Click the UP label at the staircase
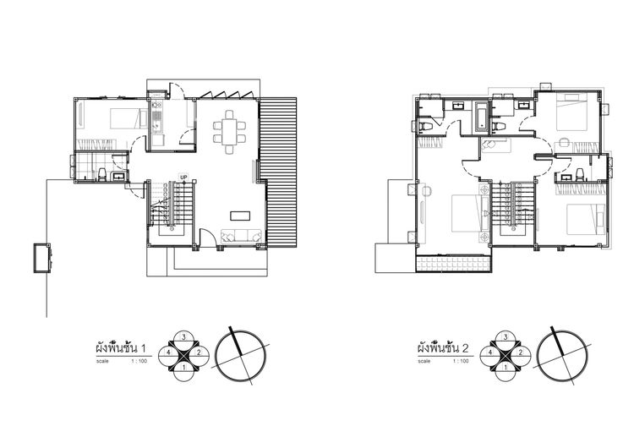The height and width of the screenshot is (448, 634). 184,178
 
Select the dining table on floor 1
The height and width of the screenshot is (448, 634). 229,132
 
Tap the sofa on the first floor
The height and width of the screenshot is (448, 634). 241,236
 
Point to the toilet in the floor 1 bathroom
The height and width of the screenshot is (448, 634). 101,174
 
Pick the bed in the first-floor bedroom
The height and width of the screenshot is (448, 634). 129,118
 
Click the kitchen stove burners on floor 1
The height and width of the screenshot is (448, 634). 156,106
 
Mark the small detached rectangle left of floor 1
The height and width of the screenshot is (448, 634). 42,258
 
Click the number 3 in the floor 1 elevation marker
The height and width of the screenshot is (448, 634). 184,336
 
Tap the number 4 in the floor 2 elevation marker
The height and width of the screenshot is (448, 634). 490,352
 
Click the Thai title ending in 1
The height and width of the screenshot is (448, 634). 120,347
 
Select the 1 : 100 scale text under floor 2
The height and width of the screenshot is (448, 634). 461,361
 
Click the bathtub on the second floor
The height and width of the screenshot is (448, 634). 482,117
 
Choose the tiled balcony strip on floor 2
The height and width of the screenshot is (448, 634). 454,264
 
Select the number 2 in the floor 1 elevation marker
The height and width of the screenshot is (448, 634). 199,352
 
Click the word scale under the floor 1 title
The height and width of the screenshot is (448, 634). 102,361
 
